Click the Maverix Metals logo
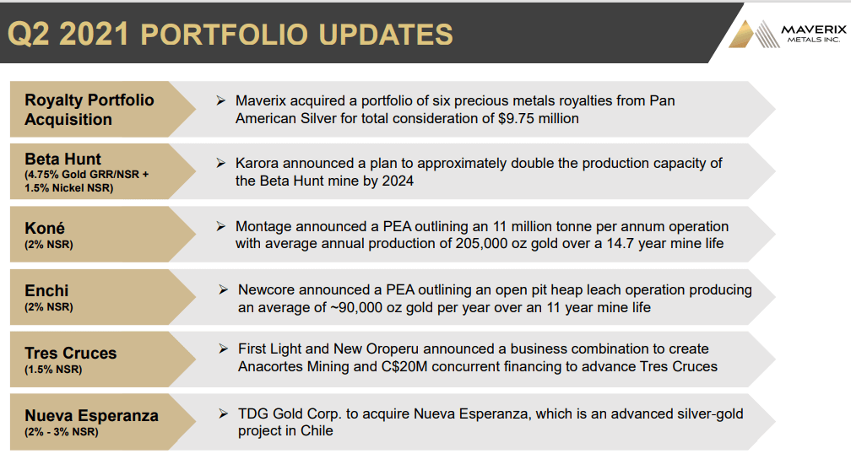[787, 34]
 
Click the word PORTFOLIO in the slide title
[225, 34]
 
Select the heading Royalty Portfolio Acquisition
[89, 110]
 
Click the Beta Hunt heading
[63, 159]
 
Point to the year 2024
[398, 181]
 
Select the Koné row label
[45, 228]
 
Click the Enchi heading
[46, 291]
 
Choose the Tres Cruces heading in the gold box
[71, 353]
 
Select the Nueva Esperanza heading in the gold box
[92, 415]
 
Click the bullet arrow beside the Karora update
[221, 163]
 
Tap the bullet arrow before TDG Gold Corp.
[223, 413]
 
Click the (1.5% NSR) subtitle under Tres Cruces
[53, 370]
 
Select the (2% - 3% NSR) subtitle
[62, 432]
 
